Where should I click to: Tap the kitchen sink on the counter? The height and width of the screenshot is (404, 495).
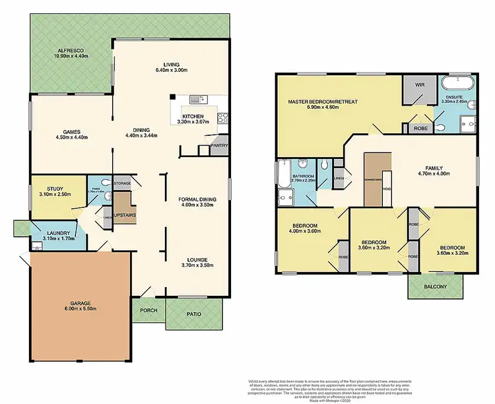tap(196, 100)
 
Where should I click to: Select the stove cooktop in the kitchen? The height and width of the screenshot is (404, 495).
tap(223, 119)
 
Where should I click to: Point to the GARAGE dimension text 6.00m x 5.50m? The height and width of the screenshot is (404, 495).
tap(81, 308)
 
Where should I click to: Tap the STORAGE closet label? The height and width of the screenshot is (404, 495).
tap(122, 183)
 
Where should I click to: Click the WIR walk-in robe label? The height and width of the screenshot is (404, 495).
tap(419, 85)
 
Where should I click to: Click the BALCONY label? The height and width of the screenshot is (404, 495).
tap(436, 286)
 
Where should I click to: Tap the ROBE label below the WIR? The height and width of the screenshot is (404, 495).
tap(420, 129)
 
